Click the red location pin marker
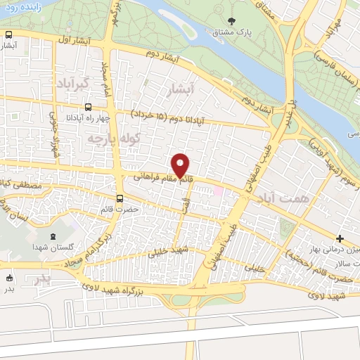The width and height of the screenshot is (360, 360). (181, 165)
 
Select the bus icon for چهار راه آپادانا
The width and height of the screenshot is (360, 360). (87, 108)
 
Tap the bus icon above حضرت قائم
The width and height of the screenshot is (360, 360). (120, 198)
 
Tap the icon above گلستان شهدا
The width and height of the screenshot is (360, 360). (55, 236)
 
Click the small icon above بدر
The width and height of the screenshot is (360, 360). (10, 277)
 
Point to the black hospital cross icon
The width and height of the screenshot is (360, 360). (340, 239)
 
